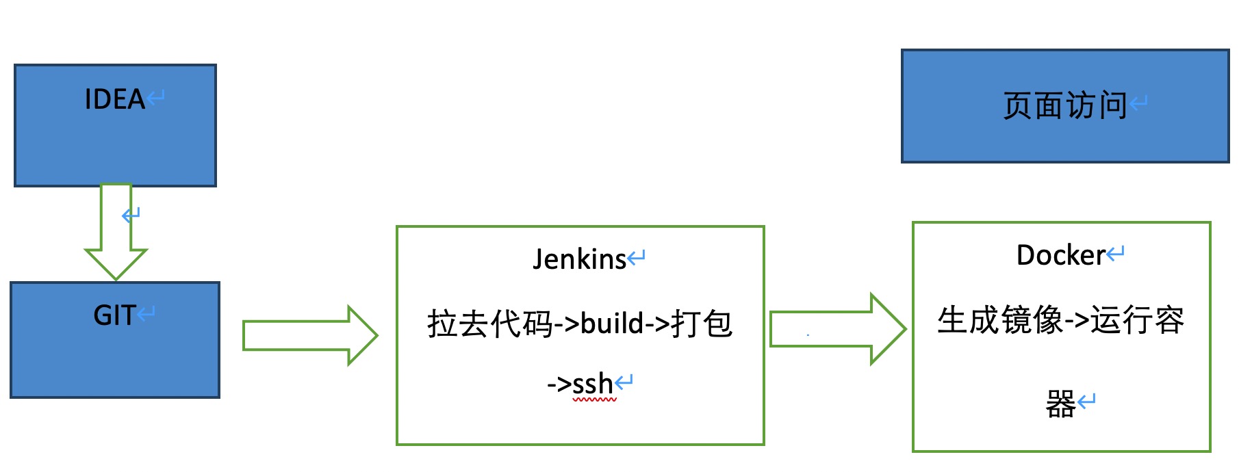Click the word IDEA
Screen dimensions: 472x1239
[114, 100]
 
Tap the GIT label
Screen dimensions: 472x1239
[114, 316]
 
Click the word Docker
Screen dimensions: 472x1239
[1060, 256]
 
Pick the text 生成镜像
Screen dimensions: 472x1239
[999, 320]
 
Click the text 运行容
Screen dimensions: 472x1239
[1137, 320]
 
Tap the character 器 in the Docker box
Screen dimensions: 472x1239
[1060, 404]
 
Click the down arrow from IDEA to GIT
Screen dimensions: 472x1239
[116, 233]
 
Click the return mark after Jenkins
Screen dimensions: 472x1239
[637, 258]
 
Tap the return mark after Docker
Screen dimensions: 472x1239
[1116, 254]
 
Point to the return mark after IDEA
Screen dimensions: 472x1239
[155, 97]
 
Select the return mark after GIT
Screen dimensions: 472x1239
[146, 313]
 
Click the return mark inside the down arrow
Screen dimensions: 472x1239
[131, 215]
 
